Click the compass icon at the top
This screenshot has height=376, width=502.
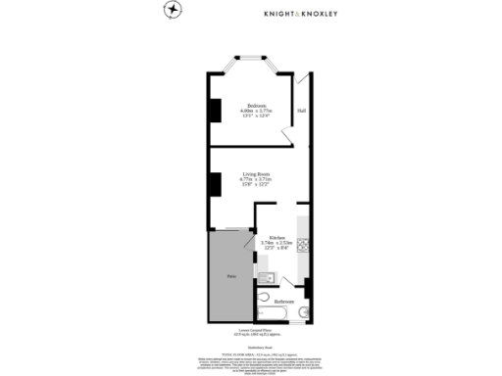pos(173,9)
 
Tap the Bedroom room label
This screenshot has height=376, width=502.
pos(256,106)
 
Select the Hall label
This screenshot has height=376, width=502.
pos(301,109)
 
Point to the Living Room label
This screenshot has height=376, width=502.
pos(256,173)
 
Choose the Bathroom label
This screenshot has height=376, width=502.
pos(283,301)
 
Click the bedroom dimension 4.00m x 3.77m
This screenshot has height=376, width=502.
pos(256,112)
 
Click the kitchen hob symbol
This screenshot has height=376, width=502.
pos(304,244)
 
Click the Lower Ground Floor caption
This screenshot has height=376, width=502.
pos(251,331)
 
